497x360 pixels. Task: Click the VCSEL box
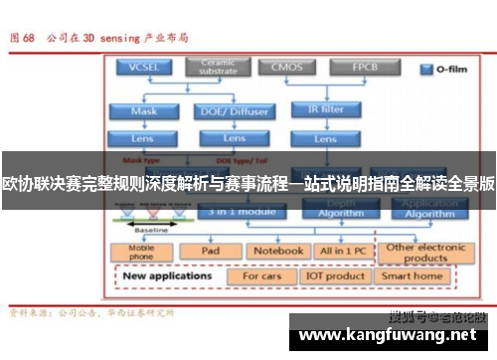pyautogui.click(x=145, y=67)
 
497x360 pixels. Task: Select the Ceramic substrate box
pyautogui.click(x=219, y=67)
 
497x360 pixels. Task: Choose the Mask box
pyautogui.click(x=145, y=110)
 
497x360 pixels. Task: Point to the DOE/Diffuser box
pyautogui.click(x=235, y=110)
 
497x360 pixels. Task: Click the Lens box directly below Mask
pyautogui.click(x=145, y=137)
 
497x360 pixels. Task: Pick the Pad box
pyautogui.click(x=209, y=251)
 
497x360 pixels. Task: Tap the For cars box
pyautogui.click(x=262, y=276)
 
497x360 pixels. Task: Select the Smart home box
pyautogui.click(x=413, y=276)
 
